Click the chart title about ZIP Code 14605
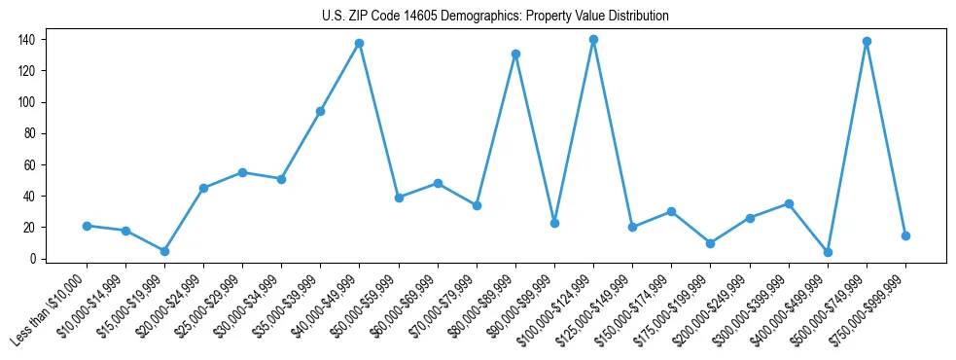(x=495, y=17)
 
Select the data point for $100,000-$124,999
(x=593, y=40)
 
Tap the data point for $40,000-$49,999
(x=359, y=43)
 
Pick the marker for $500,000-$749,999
(x=867, y=42)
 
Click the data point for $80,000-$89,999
(x=515, y=54)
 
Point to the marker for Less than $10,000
(x=87, y=226)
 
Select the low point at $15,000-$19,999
(x=164, y=251)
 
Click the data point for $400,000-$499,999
(x=828, y=252)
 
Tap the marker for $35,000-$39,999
(x=320, y=111)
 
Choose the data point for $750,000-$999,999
(x=905, y=235)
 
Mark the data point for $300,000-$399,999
(x=789, y=203)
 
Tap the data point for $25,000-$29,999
(x=242, y=172)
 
